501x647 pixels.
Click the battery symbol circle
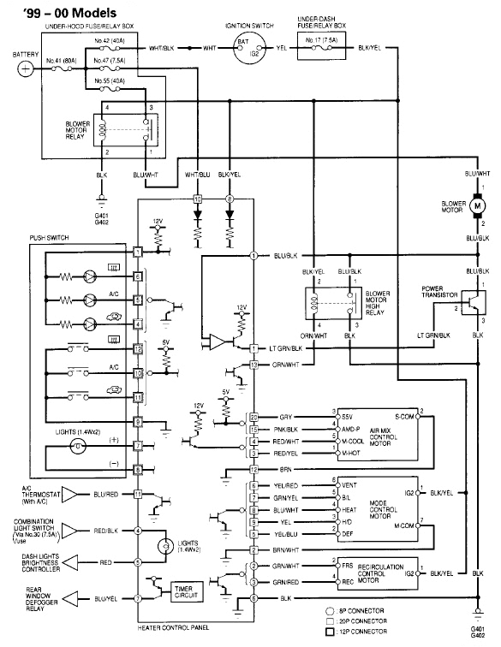pos(26,68)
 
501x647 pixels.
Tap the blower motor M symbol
pos(476,206)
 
